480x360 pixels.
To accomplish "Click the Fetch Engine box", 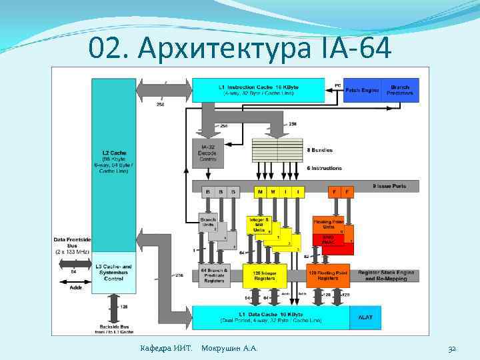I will point(363,90).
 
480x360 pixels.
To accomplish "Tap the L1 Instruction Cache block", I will point(261,90).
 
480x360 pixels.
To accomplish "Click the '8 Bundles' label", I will point(321,150).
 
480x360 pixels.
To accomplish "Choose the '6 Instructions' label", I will point(325,167).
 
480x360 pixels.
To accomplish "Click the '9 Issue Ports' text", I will point(391,186).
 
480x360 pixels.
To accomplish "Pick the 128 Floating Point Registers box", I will point(327,275).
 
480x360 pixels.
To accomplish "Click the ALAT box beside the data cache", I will point(366,317).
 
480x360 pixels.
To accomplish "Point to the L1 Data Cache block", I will point(270,317).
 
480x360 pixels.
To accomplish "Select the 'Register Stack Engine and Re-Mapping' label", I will point(387,275).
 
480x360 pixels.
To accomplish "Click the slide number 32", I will point(451,348).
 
